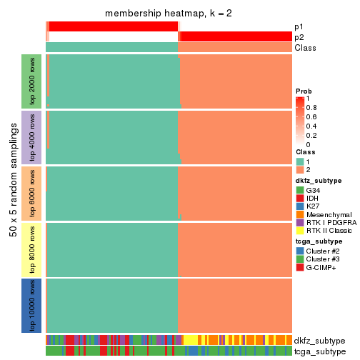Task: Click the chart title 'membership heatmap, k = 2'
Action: pos(169,14)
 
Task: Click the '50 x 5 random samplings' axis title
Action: pos(12,193)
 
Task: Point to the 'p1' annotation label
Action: pos(299,26)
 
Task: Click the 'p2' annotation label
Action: pos(299,36)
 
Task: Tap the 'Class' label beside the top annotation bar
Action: pos(304,48)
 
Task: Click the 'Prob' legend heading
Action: pos(304,91)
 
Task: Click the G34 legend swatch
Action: pos(300,191)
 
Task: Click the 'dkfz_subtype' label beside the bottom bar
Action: pos(319,341)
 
